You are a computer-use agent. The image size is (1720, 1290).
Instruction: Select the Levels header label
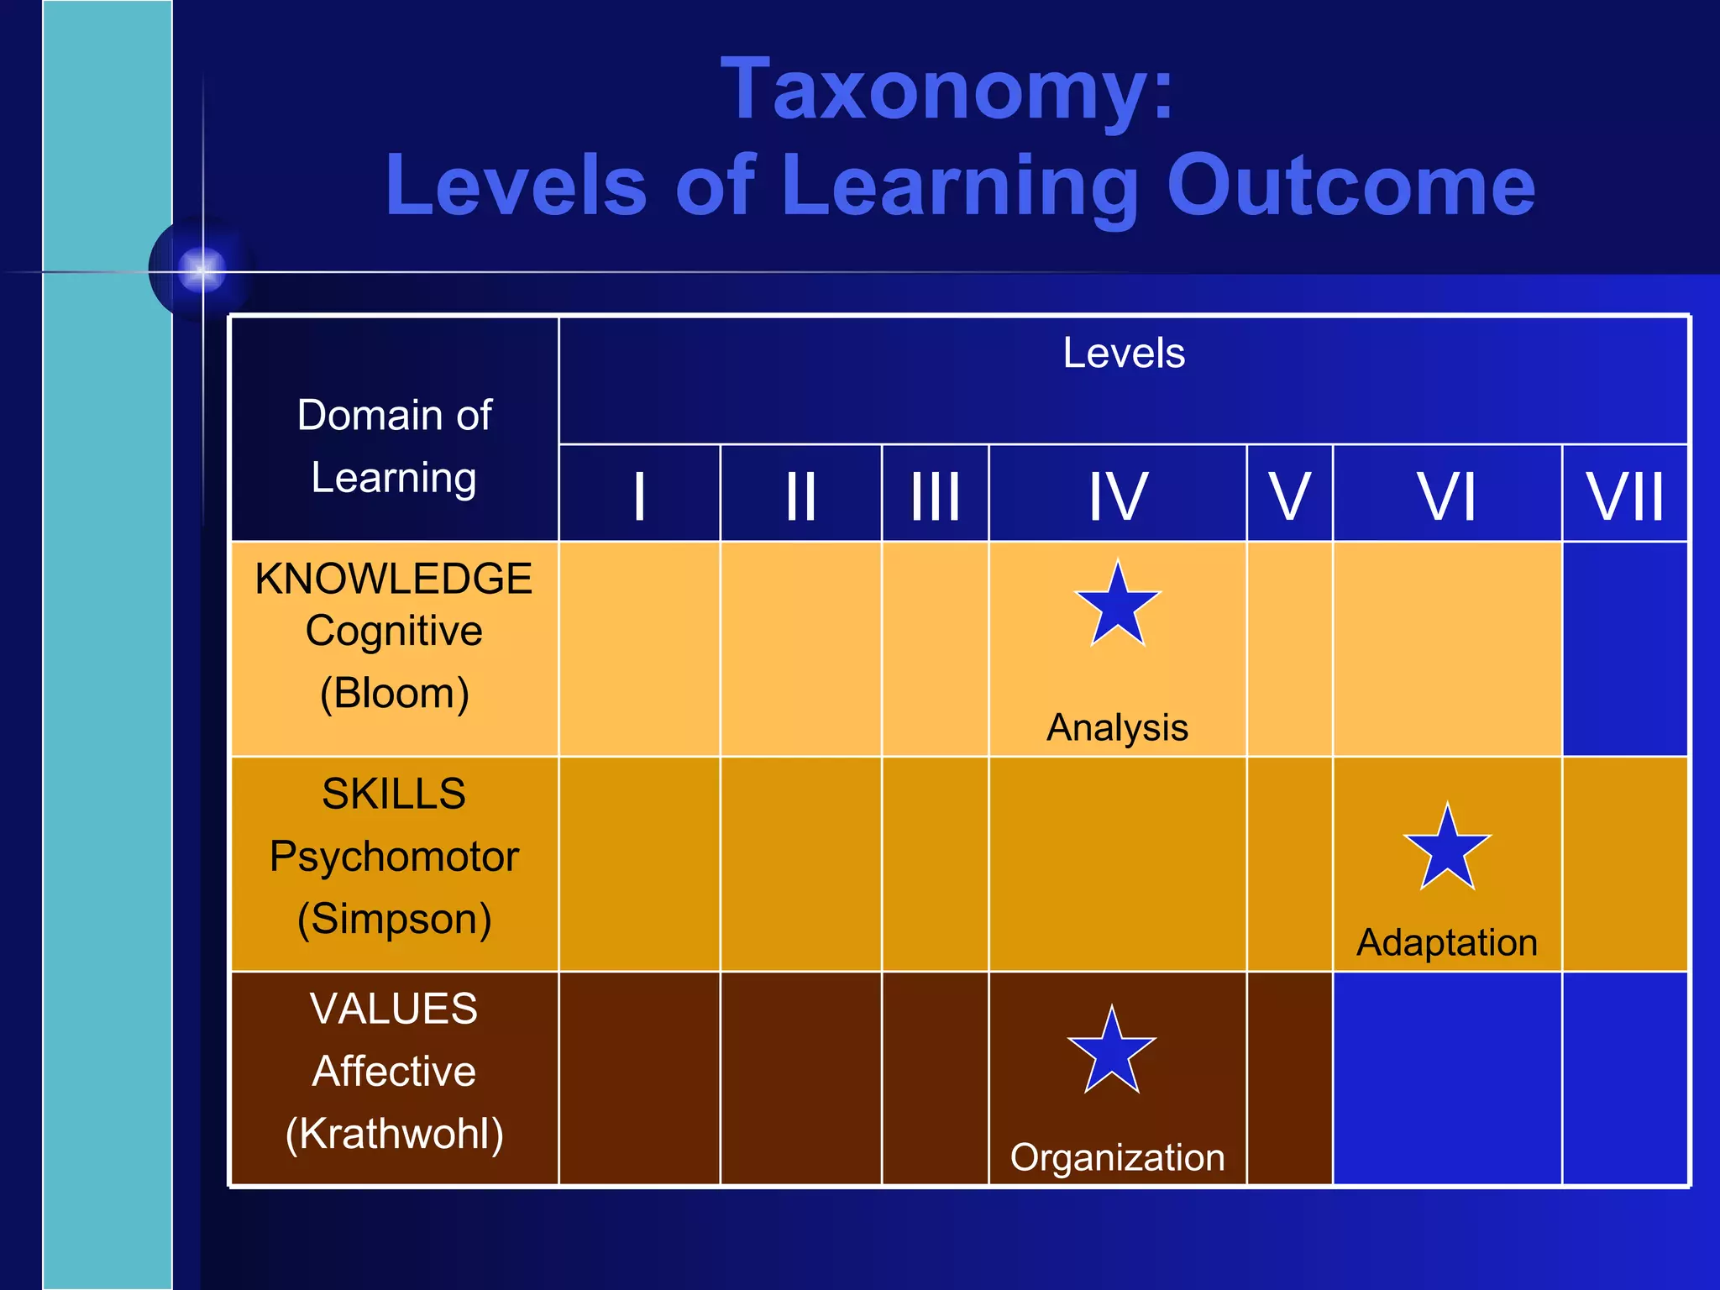1123,353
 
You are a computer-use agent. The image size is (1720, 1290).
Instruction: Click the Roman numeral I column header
639,496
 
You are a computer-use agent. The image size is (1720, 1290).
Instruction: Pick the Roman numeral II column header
800,496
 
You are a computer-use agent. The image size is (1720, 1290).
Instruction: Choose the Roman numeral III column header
935,496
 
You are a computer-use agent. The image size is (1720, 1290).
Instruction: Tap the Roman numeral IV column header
1117,496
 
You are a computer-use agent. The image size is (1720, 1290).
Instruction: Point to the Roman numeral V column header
1289,496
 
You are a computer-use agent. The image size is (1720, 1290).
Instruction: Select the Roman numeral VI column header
1446,496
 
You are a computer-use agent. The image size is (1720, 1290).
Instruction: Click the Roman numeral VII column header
1624,496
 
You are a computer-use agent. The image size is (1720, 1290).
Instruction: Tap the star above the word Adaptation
1447,848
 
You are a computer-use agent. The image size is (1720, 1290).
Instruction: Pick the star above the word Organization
1112,1051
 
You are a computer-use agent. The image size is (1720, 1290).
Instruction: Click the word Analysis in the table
1117,727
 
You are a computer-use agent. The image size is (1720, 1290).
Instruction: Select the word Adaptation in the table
1447,942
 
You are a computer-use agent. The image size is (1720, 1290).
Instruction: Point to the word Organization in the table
1117,1157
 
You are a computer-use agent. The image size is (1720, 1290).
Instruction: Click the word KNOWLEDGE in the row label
394,579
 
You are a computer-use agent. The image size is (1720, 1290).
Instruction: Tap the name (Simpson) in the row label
394,919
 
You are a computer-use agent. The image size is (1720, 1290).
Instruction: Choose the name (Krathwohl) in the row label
394,1134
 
